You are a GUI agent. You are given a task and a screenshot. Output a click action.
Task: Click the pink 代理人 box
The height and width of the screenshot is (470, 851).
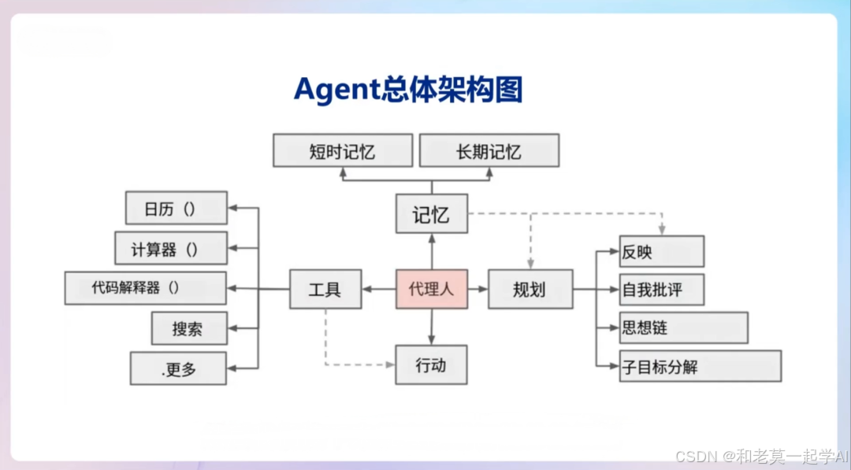coord(431,289)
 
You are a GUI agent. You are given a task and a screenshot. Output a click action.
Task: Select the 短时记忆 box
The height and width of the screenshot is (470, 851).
coord(343,150)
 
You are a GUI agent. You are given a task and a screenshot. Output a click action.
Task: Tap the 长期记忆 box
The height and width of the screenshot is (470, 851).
coord(489,150)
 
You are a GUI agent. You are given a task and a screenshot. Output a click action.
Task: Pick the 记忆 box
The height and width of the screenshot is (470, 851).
coord(431,213)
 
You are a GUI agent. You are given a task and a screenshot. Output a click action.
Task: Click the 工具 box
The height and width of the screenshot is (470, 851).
coord(325,289)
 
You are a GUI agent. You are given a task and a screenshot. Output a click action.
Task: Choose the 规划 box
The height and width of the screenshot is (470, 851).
coord(530,289)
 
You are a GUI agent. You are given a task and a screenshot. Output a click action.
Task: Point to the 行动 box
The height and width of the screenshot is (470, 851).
coord(431,365)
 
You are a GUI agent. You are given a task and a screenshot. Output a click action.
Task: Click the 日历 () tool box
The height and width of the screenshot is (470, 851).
coord(177,208)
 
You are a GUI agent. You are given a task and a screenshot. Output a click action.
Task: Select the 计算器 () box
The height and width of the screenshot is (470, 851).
coord(171,248)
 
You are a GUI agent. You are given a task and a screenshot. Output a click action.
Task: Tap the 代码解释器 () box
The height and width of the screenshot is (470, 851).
coord(146,288)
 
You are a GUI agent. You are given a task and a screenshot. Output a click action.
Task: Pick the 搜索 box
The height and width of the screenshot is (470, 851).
coord(189,328)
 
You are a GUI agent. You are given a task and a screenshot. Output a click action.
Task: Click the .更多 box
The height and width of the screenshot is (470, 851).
coord(179,368)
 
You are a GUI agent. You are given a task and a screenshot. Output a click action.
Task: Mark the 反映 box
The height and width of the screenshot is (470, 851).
coord(661,251)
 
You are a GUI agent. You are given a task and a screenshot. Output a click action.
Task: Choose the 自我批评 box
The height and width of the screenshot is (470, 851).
coord(661,290)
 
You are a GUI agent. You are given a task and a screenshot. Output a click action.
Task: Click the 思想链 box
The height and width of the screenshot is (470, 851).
coord(683,328)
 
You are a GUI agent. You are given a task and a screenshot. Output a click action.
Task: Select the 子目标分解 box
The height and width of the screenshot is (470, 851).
coord(700,366)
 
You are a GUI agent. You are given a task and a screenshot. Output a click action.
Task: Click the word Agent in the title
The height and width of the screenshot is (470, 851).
coord(336,90)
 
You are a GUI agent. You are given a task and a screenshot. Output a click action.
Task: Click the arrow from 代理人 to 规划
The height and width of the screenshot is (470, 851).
coord(478,289)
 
